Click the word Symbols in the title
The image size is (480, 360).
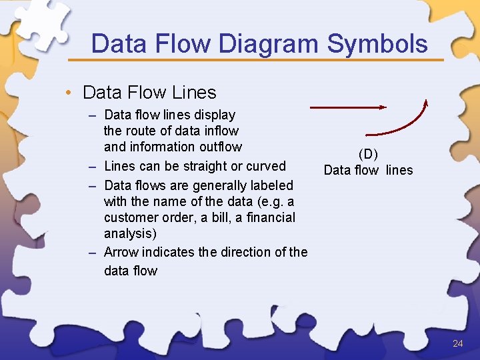377,44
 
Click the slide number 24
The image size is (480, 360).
457,343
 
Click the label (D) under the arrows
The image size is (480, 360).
368,155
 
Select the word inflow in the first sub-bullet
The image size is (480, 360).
221,131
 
